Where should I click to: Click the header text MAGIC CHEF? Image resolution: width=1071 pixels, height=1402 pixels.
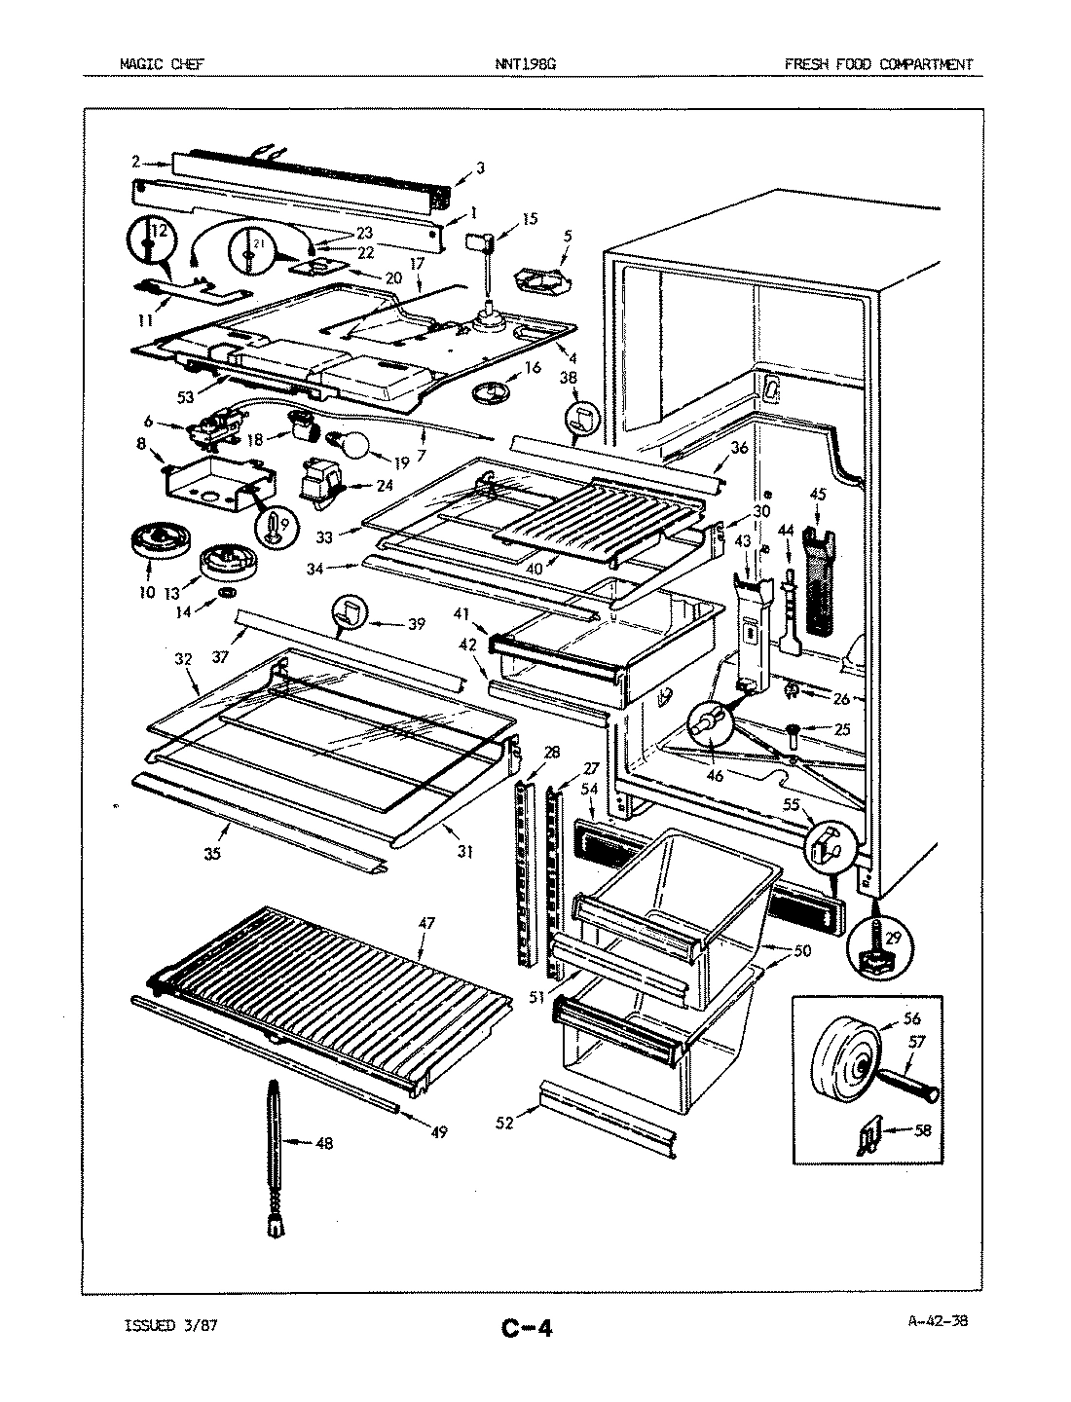pos(162,65)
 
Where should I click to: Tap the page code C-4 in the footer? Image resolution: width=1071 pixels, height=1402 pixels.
pos(527,1328)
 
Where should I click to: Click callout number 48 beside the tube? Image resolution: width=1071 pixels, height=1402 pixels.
pos(324,1143)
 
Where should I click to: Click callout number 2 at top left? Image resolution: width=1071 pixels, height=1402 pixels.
pos(136,162)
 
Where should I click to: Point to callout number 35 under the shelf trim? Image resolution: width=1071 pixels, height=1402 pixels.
pos(213,854)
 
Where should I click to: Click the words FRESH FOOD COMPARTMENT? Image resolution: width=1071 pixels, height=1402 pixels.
pos(878,65)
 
